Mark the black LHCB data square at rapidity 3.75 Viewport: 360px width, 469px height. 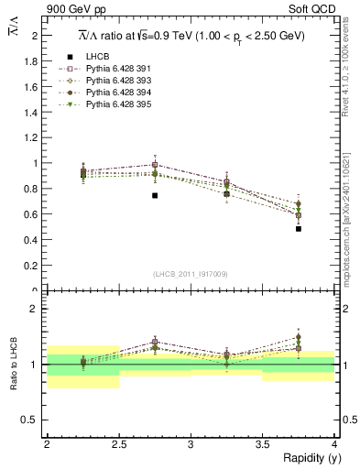pos(299,229)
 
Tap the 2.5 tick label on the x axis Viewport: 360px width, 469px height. pos(118,443)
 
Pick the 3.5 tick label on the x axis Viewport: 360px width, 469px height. pos(262,443)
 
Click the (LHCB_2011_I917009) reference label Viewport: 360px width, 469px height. pos(191,274)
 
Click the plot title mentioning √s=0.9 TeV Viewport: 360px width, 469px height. pos(191,35)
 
